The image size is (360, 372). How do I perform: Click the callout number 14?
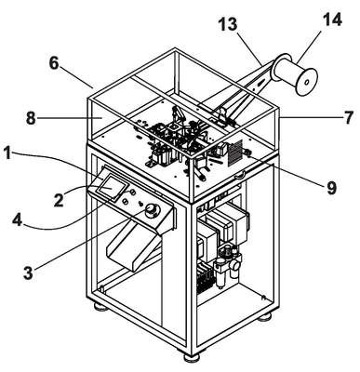332,20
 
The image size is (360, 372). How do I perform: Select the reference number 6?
54,64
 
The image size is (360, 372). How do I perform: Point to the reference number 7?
349,118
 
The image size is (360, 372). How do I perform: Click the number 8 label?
31,118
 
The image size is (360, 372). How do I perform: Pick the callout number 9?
331,188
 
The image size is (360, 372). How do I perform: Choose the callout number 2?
58,200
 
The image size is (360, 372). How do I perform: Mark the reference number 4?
17,220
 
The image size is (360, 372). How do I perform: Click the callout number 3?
28,272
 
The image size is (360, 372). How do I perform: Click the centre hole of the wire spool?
306,83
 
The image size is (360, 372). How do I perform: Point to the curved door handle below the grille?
240,175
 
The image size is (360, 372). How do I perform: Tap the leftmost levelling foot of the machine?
100,307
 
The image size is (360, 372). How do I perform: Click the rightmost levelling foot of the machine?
264,317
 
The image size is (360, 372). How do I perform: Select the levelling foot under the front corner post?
192,357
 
